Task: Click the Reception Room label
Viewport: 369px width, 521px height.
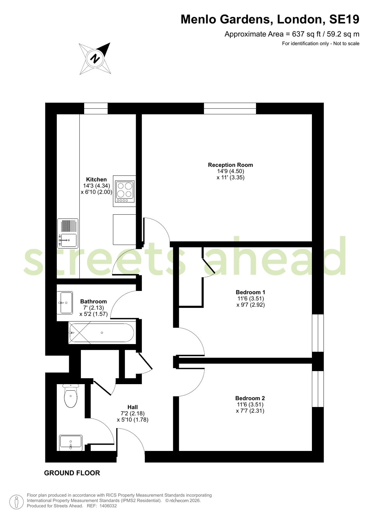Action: click(230, 165)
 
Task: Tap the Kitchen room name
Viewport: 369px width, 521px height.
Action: click(97, 179)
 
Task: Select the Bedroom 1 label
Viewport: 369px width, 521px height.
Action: click(251, 292)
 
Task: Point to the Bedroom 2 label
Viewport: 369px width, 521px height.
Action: click(250, 398)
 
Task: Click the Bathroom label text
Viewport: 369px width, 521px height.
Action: click(93, 301)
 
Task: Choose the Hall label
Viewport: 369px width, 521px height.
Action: click(132, 407)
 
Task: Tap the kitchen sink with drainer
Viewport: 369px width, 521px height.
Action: click(68, 233)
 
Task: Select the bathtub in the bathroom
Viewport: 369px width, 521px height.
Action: click(102, 333)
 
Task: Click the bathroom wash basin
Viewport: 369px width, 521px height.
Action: click(65, 303)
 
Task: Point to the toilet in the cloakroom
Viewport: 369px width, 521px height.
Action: click(70, 396)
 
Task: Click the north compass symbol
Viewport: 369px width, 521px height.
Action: click(95, 58)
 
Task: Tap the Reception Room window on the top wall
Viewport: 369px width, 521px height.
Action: click(230, 109)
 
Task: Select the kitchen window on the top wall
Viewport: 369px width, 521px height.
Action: click(96, 109)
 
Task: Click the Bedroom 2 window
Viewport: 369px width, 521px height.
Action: click(318, 389)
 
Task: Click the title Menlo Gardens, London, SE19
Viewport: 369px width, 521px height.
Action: click(270, 19)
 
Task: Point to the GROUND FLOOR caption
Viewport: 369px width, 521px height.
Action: click(72, 473)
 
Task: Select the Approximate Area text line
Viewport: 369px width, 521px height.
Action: click(292, 34)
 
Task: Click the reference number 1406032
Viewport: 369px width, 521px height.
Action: click(108, 506)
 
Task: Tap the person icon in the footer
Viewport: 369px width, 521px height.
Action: click(17, 502)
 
